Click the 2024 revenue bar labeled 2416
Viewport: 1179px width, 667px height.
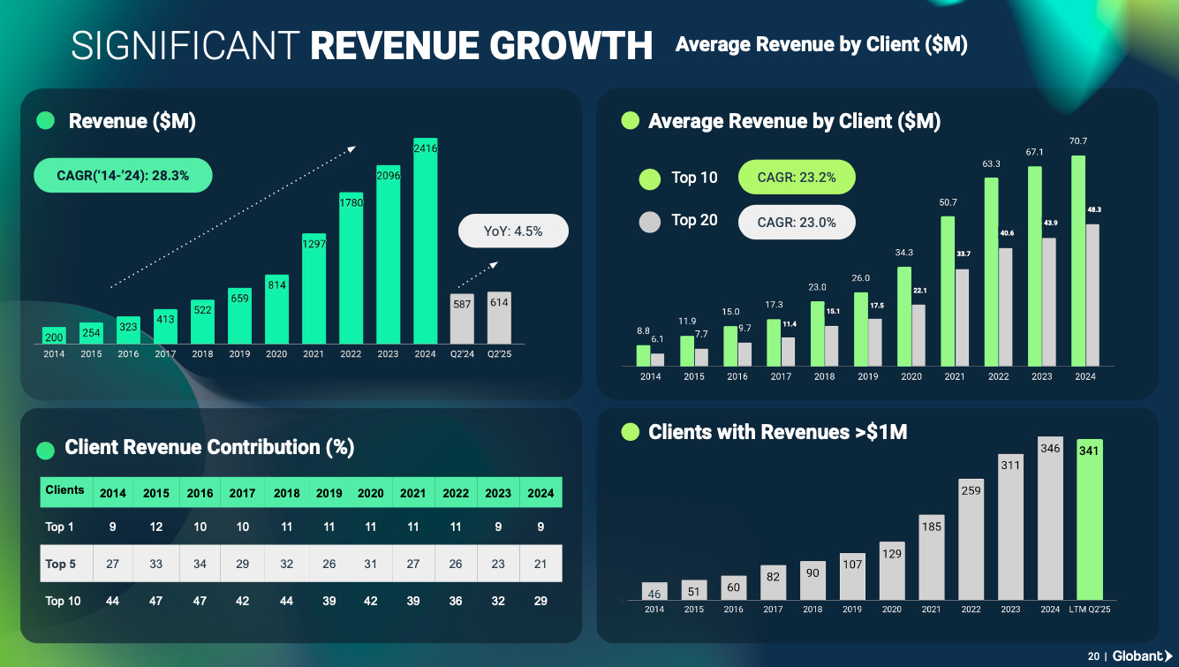pyautogui.click(x=426, y=241)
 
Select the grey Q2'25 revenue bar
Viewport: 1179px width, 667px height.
pyautogui.click(x=499, y=318)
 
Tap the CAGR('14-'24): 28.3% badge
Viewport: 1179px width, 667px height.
pyautogui.click(x=123, y=175)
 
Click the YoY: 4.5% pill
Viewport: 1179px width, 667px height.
pyautogui.click(x=513, y=231)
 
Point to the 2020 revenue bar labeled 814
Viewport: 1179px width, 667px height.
pyautogui.click(x=276, y=309)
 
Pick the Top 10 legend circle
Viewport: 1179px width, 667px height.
pyautogui.click(x=649, y=179)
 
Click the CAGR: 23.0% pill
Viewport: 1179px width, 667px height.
pyautogui.click(x=797, y=222)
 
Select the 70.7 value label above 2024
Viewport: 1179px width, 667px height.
pyautogui.click(x=1078, y=141)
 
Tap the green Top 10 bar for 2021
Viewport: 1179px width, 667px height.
pyautogui.click(x=948, y=292)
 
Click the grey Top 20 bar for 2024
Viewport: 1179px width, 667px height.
pyautogui.click(x=1092, y=295)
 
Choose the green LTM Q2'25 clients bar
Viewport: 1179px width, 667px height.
pyautogui.click(x=1090, y=519)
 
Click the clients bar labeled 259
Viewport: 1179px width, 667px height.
pyautogui.click(x=971, y=540)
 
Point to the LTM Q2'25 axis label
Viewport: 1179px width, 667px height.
pyautogui.click(x=1090, y=609)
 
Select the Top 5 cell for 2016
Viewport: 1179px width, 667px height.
pyautogui.click(x=200, y=564)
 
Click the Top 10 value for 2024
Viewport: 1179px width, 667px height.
pyautogui.click(x=540, y=602)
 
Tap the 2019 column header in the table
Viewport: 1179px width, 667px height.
pyautogui.click(x=329, y=493)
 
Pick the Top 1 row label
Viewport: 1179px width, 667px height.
pyautogui.click(x=59, y=527)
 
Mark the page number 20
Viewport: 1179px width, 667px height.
pyautogui.click(x=1093, y=656)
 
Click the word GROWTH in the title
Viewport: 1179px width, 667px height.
pyautogui.click(x=571, y=46)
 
